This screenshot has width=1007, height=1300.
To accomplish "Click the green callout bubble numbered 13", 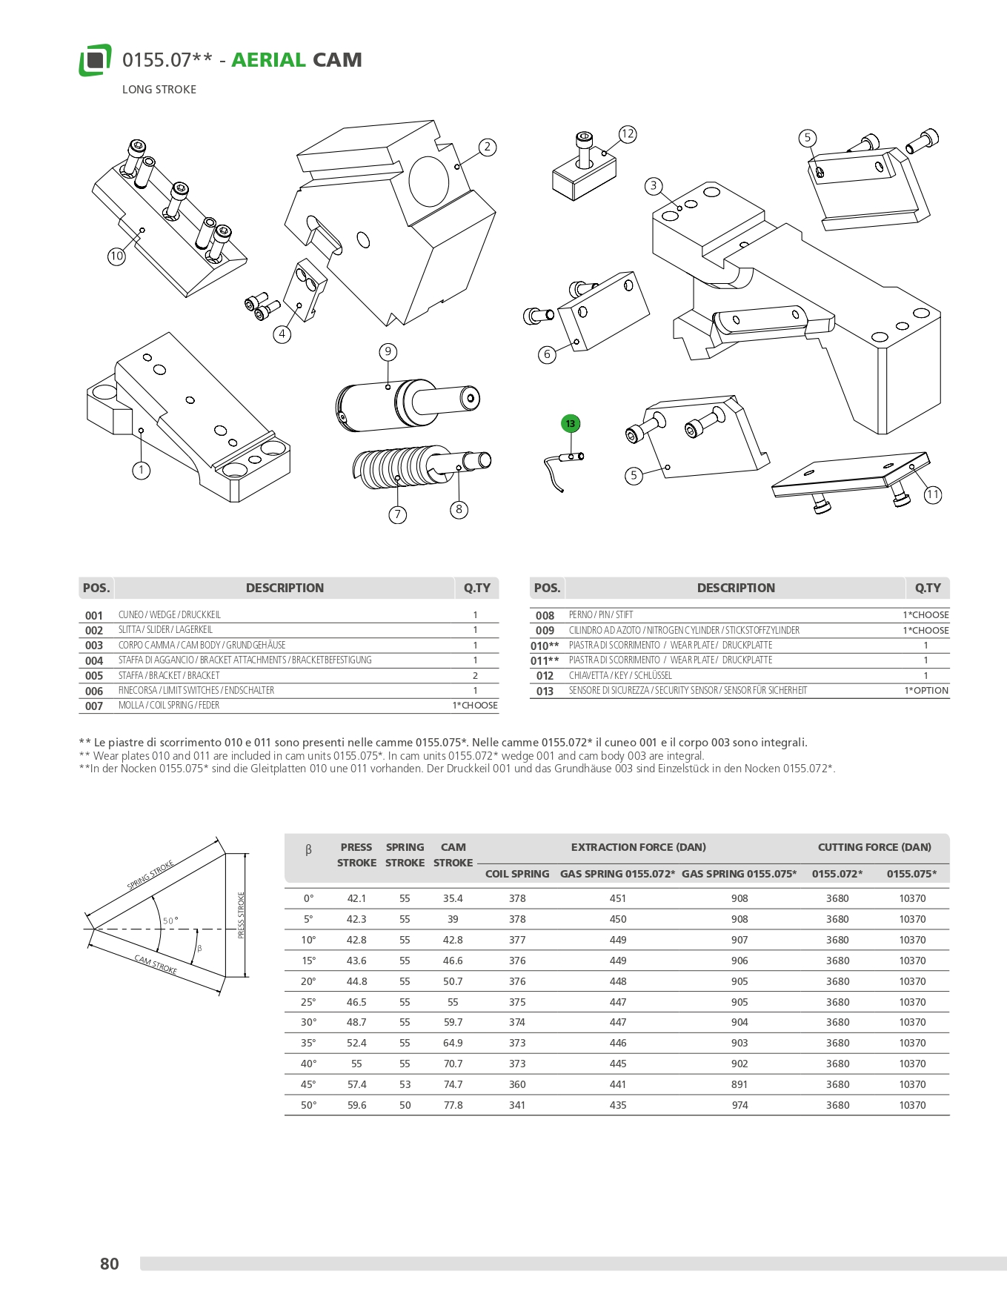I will click(x=570, y=424).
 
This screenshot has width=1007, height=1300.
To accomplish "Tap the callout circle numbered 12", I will click(x=628, y=134).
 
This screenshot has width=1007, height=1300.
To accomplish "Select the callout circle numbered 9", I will click(x=388, y=352).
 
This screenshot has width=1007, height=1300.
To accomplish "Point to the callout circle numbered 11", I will click(x=933, y=494).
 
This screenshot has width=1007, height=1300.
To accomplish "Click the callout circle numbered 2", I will click(x=487, y=147).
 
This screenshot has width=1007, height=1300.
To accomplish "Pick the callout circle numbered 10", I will click(x=116, y=256).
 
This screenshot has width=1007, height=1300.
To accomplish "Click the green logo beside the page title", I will click(x=95, y=60).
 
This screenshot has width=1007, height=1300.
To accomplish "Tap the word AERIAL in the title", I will click(x=268, y=60).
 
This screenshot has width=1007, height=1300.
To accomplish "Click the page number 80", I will click(x=109, y=1264).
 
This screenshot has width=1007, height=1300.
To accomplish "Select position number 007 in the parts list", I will click(x=94, y=706).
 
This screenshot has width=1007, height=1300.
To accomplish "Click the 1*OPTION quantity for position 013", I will click(x=925, y=691).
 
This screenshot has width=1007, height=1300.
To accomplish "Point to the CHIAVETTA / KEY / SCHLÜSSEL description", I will click(x=620, y=676).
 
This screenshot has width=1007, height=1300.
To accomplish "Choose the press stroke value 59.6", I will click(x=356, y=1105).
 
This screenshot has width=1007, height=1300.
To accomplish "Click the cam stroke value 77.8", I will click(x=453, y=1105).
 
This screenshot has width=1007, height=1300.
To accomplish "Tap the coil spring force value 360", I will click(x=517, y=1084).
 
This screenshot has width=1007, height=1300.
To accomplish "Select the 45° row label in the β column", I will click(x=308, y=1084).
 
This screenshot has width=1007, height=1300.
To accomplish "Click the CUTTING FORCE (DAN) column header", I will click(x=874, y=847).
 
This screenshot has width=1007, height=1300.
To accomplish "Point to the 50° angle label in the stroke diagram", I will click(x=170, y=921).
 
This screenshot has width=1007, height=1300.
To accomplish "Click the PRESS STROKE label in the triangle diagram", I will click(x=241, y=915).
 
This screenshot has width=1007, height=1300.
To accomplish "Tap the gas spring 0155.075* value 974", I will click(x=740, y=1105).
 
